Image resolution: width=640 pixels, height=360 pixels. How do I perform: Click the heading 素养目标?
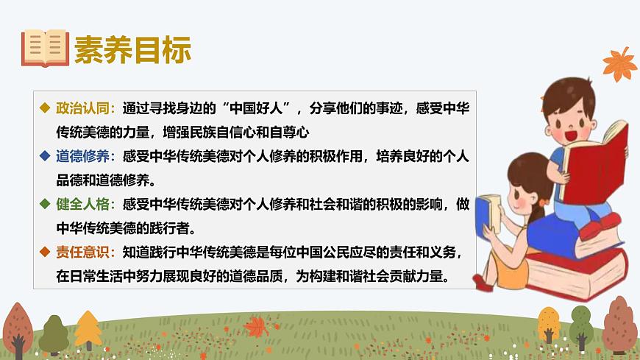click(x=132, y=49)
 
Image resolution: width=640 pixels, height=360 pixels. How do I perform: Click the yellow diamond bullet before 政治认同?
click(x=46, y=108)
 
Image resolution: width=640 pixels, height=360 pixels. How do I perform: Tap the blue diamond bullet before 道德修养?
click(x=46, y=156)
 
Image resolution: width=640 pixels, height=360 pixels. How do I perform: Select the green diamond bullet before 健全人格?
click(x=46, y=204)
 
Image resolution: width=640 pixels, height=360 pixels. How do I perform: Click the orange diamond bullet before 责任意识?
click(x=46, y=253)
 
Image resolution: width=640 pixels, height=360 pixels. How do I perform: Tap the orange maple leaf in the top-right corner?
click(x=619, y=64)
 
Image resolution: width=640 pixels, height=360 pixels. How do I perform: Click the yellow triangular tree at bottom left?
click(x=88, y=328)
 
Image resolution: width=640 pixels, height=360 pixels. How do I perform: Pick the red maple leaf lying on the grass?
click(x=257, y=325)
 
